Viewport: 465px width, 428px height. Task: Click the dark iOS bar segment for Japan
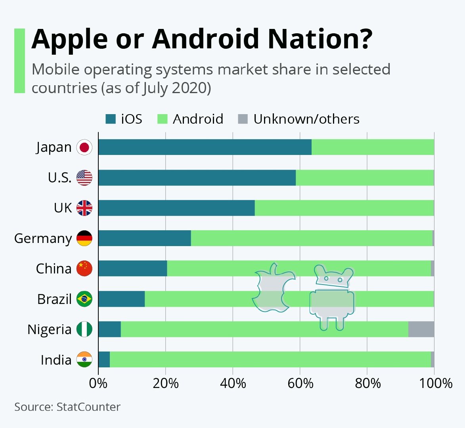[205, 147]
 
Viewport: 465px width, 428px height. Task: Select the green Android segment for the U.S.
[365, 178]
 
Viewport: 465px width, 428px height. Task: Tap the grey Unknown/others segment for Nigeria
[421, 329]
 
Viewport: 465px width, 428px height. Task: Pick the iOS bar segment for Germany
[145, 238]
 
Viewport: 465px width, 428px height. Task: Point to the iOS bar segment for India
[104, 359]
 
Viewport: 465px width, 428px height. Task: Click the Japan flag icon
[84, 147]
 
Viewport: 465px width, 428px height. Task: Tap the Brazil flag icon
[84, 299]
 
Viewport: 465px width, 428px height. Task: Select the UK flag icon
[84, 208]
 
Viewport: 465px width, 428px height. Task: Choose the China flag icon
[84, 269]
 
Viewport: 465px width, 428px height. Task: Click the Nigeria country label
[50, 330]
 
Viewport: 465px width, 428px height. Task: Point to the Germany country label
[43, 239]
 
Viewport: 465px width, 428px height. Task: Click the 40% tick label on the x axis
[233, 383]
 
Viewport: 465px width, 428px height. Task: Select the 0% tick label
[98, 383]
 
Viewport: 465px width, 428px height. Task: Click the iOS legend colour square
[111, 119]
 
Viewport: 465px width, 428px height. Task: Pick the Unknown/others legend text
[306, 119]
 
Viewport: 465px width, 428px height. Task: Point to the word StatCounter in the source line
[88, 407]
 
